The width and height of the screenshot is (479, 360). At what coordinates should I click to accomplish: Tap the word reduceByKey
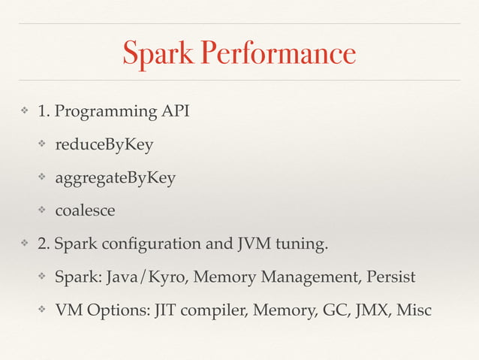pyautogui.click(x=104, y=144)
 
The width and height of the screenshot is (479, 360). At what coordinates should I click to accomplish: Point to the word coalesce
pyautogui.click(x=85, y=210)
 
